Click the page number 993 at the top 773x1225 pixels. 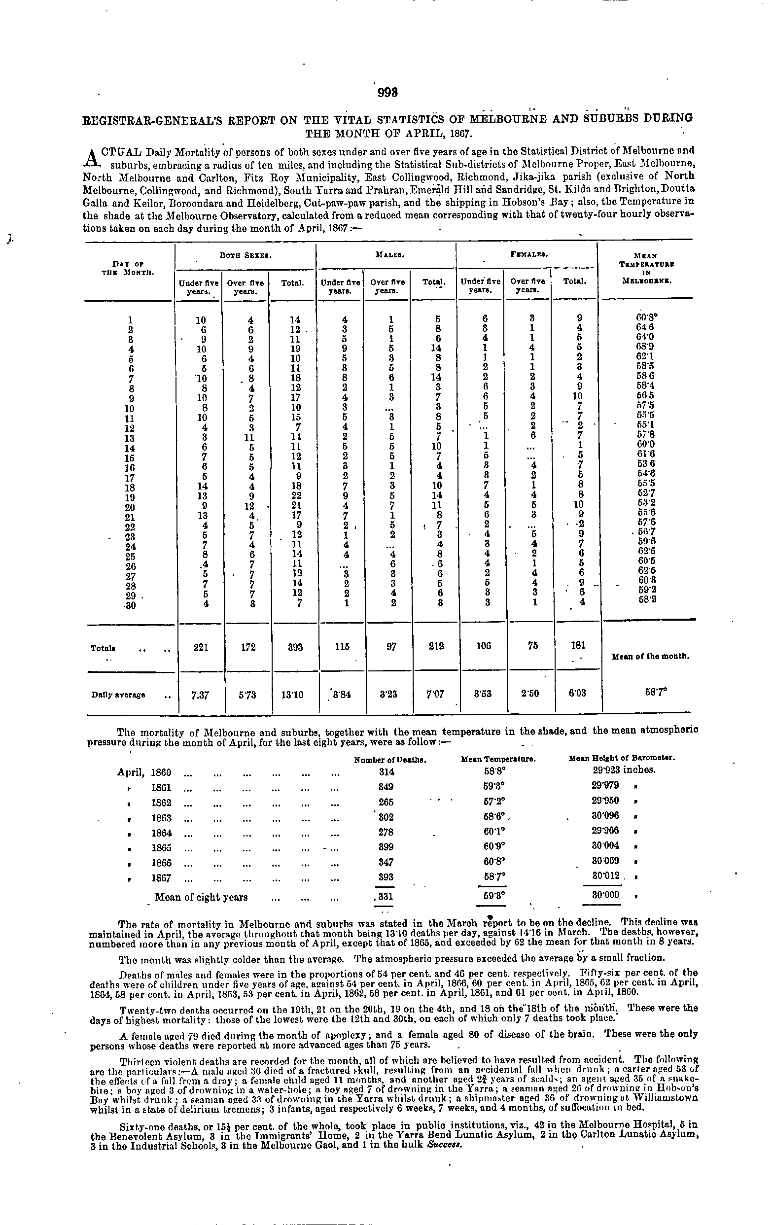pos(387,93)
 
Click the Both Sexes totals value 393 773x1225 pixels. pos(293,647)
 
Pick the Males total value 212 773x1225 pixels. pos(433,647)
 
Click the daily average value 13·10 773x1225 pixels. pos(293,694)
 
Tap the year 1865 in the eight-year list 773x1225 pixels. pos(161,847)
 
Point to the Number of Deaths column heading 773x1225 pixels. pos(389,760)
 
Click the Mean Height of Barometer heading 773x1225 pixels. pos(621,759)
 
